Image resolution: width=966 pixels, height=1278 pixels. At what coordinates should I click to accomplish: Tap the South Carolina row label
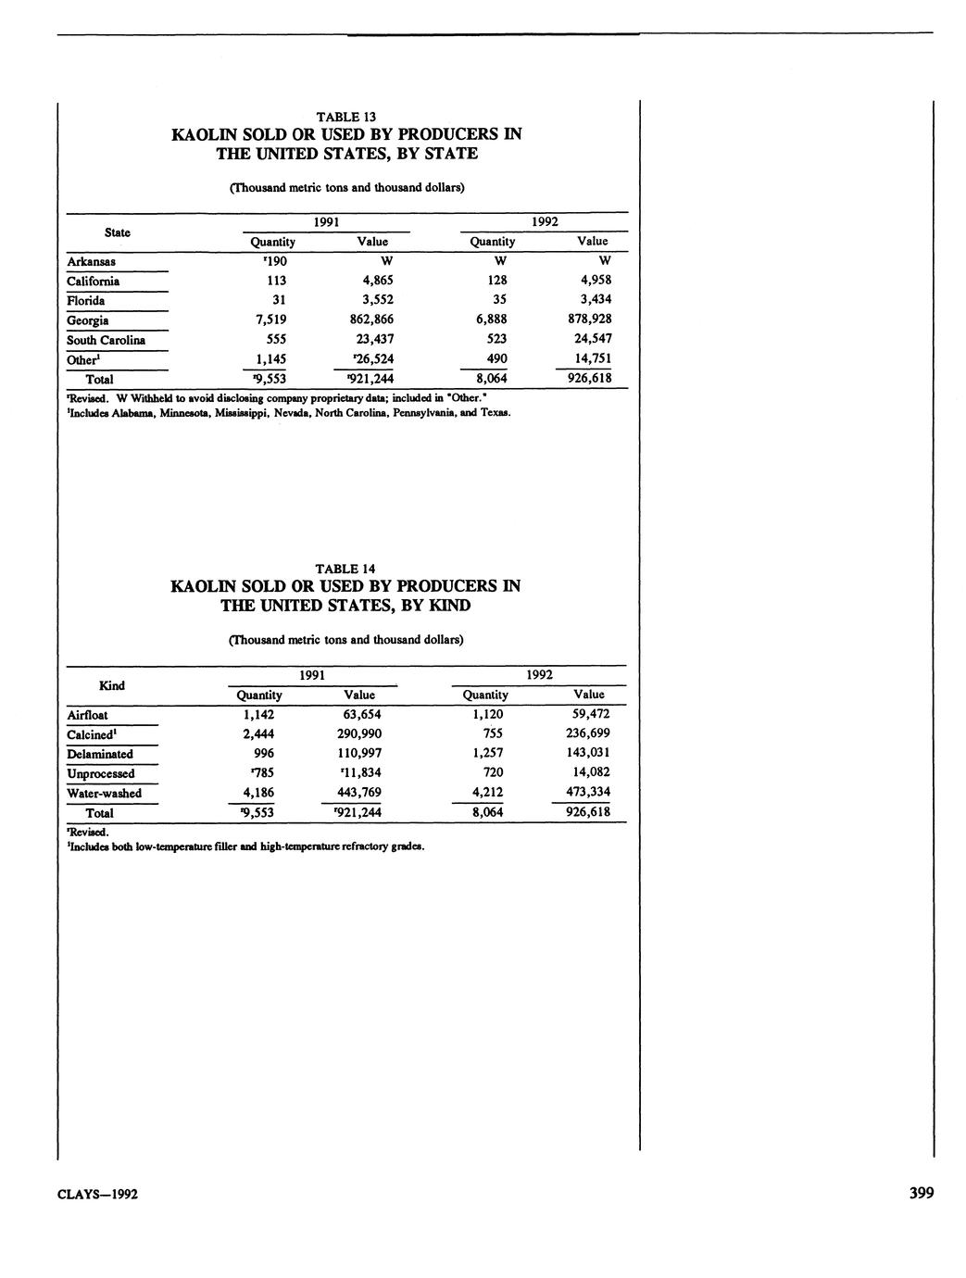click(x=106, y=340)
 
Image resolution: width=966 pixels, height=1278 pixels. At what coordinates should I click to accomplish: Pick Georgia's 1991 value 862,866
click(x=371, y=319)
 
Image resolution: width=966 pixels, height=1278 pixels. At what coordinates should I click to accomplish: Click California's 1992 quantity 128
click(x=497, y=281)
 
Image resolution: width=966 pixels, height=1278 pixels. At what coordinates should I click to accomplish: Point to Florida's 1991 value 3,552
click(x=374, y=300)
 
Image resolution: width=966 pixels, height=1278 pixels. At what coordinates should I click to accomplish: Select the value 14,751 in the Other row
click(x=593, y=358)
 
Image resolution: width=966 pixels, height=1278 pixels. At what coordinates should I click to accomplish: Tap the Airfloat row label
click(x=87, y=715)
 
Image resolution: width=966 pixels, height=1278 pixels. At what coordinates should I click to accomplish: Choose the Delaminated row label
click(x=100, y=754)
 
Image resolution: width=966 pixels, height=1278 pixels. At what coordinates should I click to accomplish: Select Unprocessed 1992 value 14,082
click(x=589, y=772)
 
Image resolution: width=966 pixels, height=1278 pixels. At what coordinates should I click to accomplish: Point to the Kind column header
click(x=112, y=685)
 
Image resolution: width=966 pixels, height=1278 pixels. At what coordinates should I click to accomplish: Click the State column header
click(x=118, y=232)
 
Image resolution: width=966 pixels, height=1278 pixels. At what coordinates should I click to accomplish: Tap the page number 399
click(x=921, y=1193)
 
